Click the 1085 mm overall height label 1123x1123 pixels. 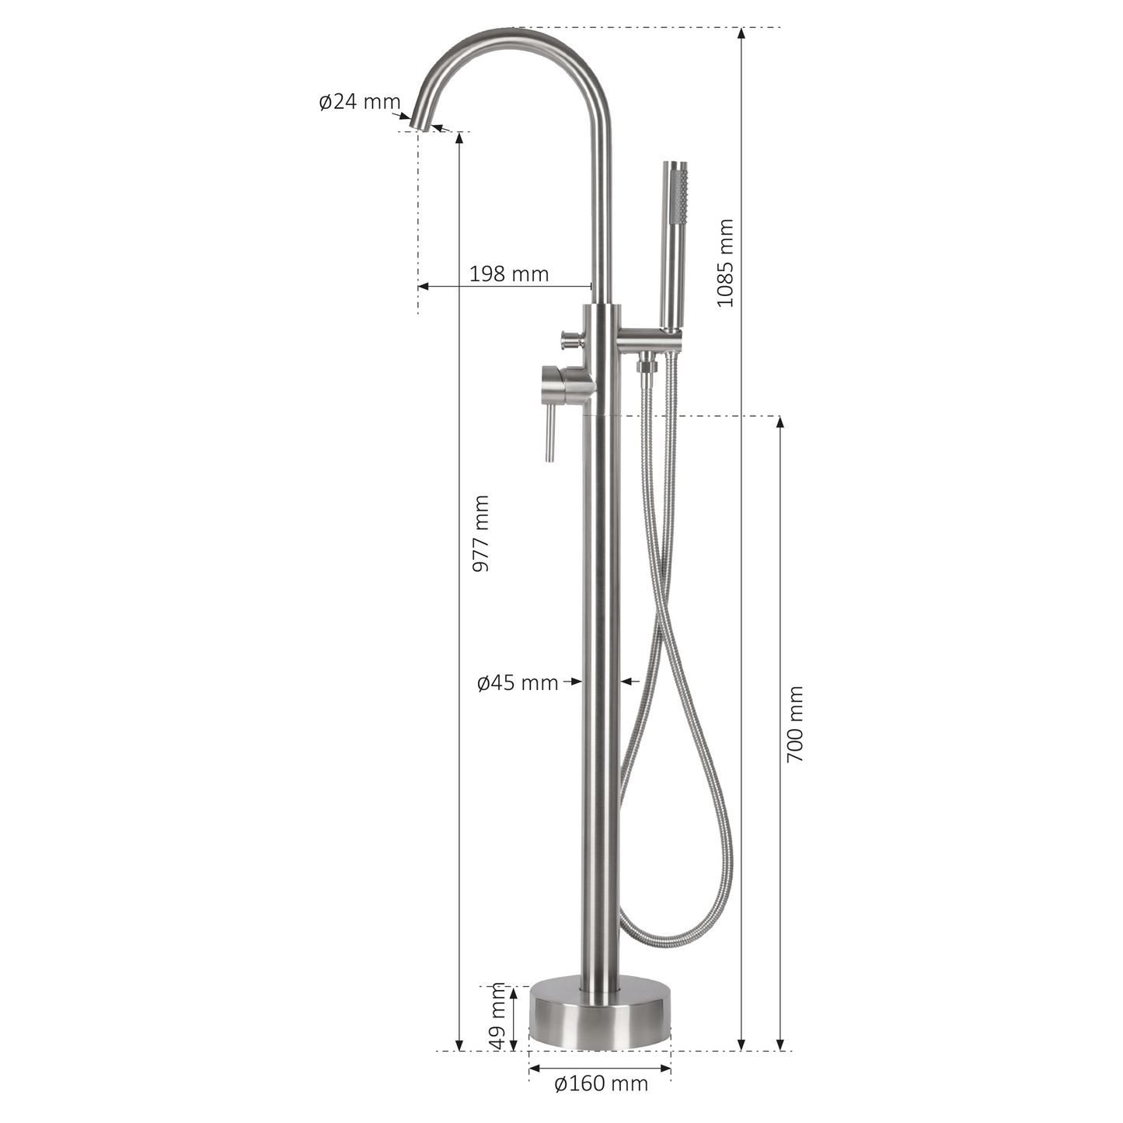click(725, 263)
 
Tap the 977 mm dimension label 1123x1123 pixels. click(481, 534)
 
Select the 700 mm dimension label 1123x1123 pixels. click(795, 724)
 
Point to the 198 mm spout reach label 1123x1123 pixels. click(509, 274)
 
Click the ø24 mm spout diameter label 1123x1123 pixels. click(360, 102)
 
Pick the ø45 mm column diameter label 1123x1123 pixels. click(518, 682)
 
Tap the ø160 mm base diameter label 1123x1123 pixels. click(602, 1083)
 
